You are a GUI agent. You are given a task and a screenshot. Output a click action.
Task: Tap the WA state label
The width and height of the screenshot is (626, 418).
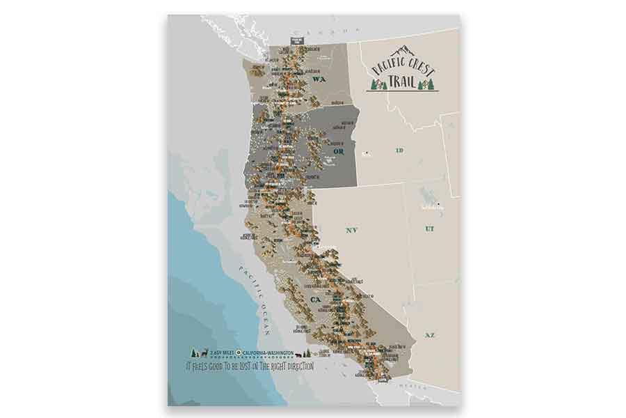[x=319, y=80]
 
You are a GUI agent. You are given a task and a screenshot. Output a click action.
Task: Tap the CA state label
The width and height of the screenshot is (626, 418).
[x=315, y=300]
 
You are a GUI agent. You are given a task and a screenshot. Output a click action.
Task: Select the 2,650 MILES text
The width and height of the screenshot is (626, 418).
[x=216, y=353]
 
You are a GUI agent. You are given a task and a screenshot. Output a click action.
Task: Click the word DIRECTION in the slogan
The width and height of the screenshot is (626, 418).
[x=295, y=365]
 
